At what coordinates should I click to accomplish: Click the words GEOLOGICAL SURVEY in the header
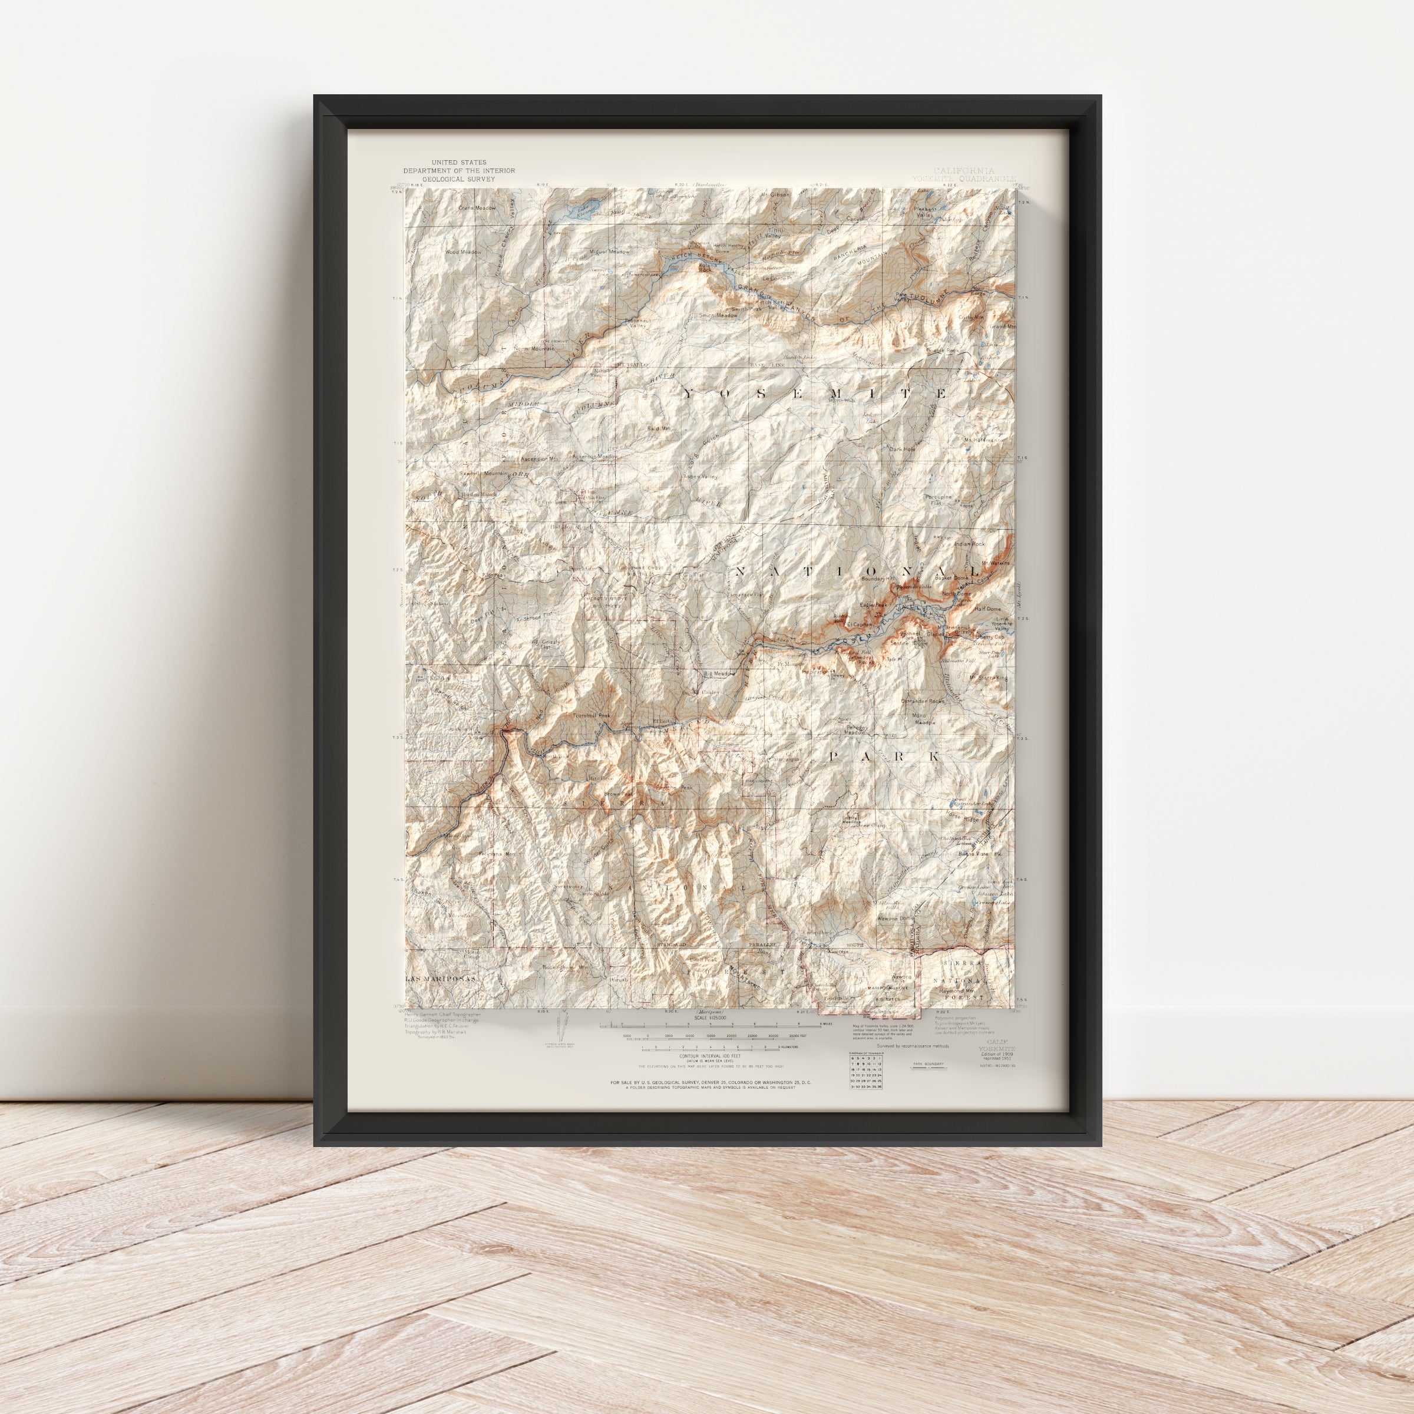pyautogui.click(x=458, y=179)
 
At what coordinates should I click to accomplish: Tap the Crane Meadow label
pyautogui.click(x=477, y=208)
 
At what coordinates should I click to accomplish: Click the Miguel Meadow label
pyautogui.click(x=609, y=252)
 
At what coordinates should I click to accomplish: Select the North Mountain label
pyautogui.click(x=534, y=348)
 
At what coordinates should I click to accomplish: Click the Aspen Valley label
pyautogui.click(x=700, y=477)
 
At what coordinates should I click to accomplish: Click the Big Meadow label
pyautogui.click(x=719, y=674)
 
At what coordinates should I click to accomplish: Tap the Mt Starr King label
pyautogui.click(x=988, y=678)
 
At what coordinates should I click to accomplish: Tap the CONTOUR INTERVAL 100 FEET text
pyautogui.click(x=706, y=1056)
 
